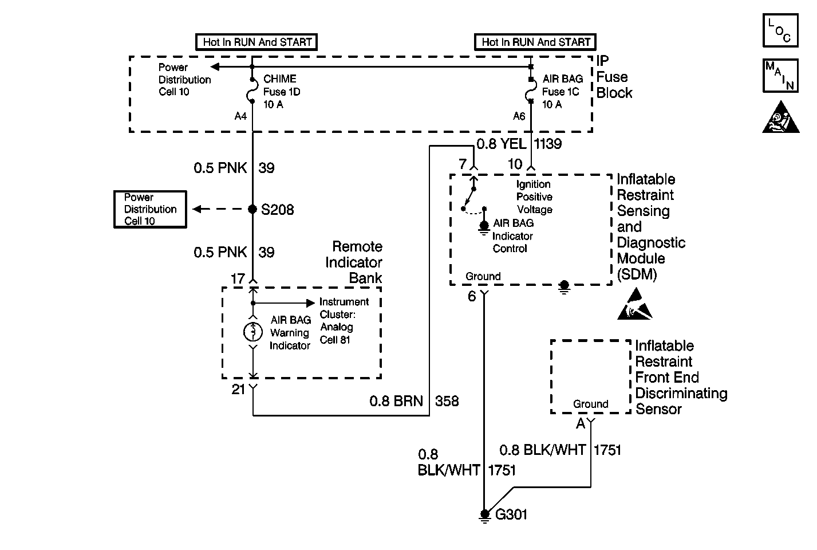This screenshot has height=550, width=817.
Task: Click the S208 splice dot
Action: pyautogui.click(x=252, y=209)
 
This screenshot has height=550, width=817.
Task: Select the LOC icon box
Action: pyautogui.click(x=780, y=30)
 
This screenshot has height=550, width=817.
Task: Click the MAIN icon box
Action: pyautogui.click(x=780, y=76)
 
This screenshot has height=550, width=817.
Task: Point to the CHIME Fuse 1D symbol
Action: pyautogui.click(x=252, y=91)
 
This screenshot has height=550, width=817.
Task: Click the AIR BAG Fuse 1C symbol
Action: pyautogui.click(x=531, y=91)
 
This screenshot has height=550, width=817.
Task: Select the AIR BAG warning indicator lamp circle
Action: pyautogui.click(x=252, y=332)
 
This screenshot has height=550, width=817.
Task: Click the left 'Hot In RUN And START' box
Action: pyautogui.click(x=256, y=42)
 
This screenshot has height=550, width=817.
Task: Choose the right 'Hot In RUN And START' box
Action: pyautogui.click(x=535, y=42)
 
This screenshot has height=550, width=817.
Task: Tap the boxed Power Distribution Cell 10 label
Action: pyautogui.click(x=150, y=210)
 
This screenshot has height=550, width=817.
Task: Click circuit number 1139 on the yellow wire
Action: pyautogui.click(x=548, y=144)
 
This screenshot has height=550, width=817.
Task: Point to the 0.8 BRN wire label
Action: pyautogui.click(x=396, y=401)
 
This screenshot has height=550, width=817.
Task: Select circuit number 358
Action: pyautogui.click(x=447, y=401)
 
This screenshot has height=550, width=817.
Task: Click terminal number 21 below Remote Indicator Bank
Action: pyautogui.click(x=238, y=390)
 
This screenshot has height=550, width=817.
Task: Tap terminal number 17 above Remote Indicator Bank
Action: pyautogui.click(x=238, y=279)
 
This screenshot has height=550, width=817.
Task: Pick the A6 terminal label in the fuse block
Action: pyautogui.click(x=519, y=116)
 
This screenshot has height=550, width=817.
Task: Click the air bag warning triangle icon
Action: pyautogui.click(x=780, y=117)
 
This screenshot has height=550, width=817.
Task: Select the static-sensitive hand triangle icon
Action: pyautogui.click(x=635, y=304)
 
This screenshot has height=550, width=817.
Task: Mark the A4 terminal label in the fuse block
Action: pyautogui.click(x=240, y=116)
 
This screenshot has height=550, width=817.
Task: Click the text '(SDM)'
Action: pyautogui.click(x=637, y=274)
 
